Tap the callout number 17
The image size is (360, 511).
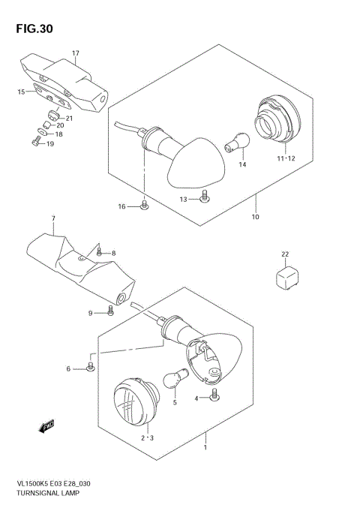75,53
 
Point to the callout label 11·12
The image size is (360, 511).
286,158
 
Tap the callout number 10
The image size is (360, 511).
255,217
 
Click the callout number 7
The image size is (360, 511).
53,218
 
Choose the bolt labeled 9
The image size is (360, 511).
110,309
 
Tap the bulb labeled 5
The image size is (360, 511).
172,378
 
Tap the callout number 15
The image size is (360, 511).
21,92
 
